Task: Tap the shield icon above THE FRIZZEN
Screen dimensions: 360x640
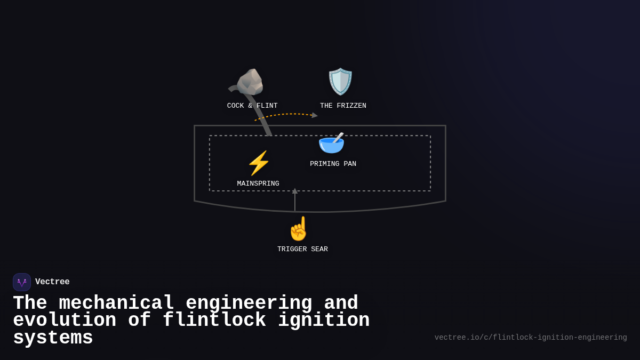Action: pos(340,82)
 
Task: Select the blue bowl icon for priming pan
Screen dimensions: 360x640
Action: pos(331,143)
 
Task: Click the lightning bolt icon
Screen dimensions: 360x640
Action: pos(259,163)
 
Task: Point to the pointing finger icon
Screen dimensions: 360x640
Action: pos(299,229)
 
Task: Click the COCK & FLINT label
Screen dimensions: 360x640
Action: pos(252,106)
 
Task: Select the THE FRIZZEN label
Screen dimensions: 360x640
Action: pos(343,106)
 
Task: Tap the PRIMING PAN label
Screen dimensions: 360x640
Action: pos(333,164)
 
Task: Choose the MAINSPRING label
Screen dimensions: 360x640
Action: pos(258,184)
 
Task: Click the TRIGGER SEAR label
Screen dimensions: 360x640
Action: pos(302,250)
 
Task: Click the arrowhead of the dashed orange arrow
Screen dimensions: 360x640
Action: pos(315,115)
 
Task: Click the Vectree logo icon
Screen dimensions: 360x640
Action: pos(22,282)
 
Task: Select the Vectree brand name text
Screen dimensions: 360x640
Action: pos(52,282)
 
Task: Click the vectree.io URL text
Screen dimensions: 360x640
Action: pos(530,338)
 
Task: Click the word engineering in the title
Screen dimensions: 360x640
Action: pos(249,303)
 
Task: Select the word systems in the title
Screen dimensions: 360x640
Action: pos(53,338)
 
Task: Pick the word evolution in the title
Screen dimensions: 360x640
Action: pos(65,321)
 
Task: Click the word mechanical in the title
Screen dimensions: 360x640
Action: pos(116,303)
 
